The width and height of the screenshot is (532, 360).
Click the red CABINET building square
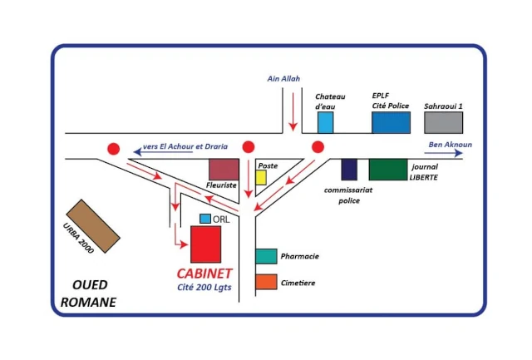click(x=206, y=244)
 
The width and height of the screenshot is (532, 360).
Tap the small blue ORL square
click(x=205, y=219)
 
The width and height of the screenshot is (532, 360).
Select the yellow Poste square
click(x=261, y=177)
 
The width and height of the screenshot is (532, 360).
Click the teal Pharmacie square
click(x=266, y=256)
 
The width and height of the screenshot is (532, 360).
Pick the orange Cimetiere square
click(x=266, y=282)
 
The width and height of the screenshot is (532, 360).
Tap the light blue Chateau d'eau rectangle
click(x=326, y=123)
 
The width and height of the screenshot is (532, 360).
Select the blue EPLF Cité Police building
click(x=391, y=122)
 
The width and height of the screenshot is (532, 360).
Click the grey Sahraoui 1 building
click(x=442, y=122)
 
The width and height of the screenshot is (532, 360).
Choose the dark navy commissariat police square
click(x=349, y=169)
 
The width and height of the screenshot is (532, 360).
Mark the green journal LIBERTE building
click(x=387, y=169)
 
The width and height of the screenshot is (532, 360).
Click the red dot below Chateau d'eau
click(x=318, y=147)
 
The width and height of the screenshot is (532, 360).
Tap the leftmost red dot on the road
click(x=113, y=149)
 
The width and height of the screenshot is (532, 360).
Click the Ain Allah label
click(x=283, y=79)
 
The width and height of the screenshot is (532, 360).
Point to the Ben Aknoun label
click(x=450, y=145)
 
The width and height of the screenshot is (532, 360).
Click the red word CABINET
click(x=204, y=274)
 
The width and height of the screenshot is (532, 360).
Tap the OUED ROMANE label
click(x=88, y=293)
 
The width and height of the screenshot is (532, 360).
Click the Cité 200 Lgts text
click(x=204, y=288)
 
